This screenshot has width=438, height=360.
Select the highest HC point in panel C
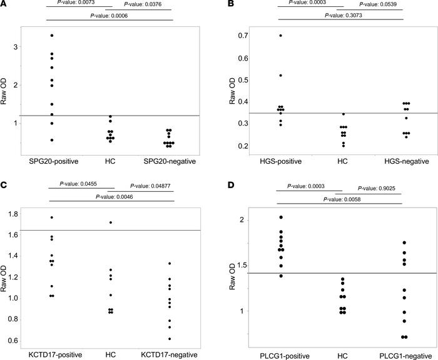[x=111, y=222]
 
